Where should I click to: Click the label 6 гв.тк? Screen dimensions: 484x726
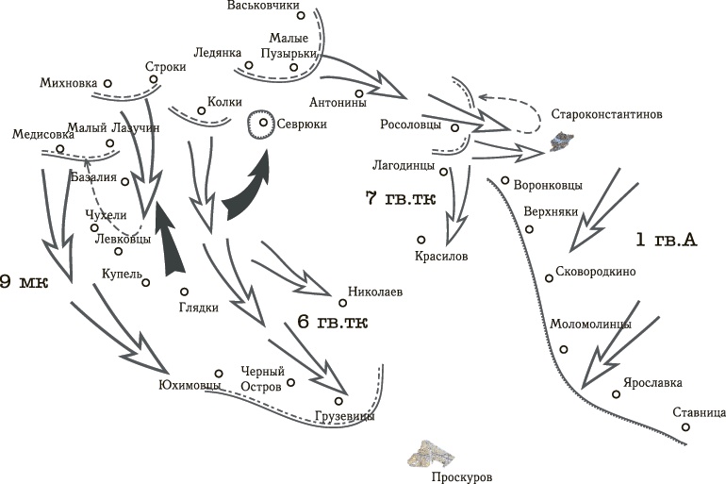(x=332, y=323)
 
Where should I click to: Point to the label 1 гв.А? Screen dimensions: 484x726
(x=666, y=241)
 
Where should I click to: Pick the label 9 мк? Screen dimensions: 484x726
(x=24, y=281)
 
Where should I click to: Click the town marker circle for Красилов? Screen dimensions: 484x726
(x=421, y=240)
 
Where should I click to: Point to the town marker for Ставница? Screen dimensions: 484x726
(x=686, y=427)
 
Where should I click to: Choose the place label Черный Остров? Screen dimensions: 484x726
(x=261, y=378)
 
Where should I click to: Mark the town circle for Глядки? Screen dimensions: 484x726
(x=185, y=291)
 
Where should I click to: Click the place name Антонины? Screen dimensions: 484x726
(x=338, y=102)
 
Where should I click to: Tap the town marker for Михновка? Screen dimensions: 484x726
(x=107, y=83)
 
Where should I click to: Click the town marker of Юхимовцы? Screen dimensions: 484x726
(x=218, y=373)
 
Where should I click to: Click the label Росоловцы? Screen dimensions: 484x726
(x=411, y=124)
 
